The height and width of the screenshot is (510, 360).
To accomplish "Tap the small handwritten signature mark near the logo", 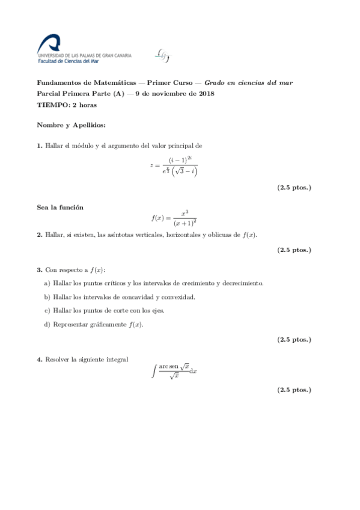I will (x=162, y=55).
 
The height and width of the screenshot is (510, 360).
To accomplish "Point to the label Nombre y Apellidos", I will (x=71, y=125).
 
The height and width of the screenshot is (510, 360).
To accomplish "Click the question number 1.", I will (x=39, y=146).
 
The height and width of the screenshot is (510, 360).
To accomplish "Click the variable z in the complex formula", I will (x=153, y=165).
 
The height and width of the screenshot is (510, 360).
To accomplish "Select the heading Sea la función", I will (x=60, y=207).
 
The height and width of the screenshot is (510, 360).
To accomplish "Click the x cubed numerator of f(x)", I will (x=185, y=212).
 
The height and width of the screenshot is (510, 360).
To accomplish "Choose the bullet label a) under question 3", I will (x=47, y=283).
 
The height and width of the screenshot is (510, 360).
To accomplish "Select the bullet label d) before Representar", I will (x=47, y=324).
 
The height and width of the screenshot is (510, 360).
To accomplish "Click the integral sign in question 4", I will (x=154, y=372).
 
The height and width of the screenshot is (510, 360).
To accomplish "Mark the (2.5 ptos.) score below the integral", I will (x=294, y=390).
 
